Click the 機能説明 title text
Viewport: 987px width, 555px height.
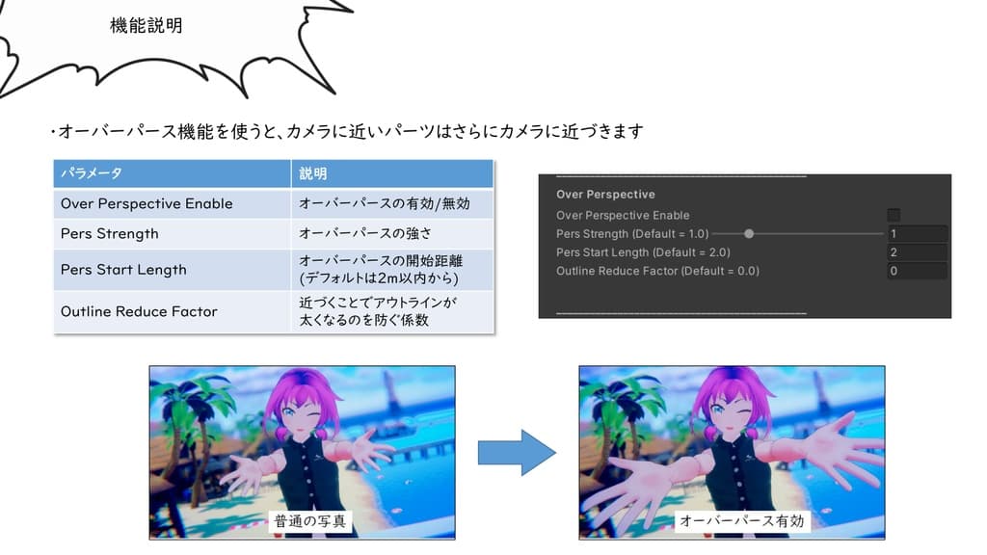tap(147, 26)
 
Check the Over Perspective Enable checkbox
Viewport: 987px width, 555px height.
tap(894, 215)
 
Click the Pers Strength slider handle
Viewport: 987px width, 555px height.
tap(749, 233)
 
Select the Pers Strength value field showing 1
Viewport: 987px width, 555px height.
tap(917, 233)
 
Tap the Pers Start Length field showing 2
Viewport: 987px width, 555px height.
tap(917, 252)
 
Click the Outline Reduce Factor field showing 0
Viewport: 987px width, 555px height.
tap(917, 271)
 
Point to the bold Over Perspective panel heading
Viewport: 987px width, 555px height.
tap(605, 195)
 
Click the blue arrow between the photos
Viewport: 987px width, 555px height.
tap(518, 452)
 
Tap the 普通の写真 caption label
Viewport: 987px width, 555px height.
tap(308, 521)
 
